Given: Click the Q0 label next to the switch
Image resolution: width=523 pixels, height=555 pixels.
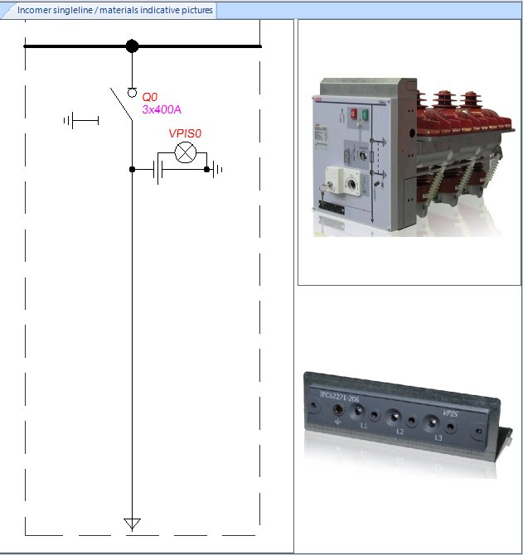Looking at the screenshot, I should [x=149, y=97].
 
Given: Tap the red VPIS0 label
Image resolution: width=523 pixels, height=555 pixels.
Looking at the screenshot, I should [x=186, y=133].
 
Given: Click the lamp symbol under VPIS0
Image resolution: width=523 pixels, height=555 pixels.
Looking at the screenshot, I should [x=184, y=153].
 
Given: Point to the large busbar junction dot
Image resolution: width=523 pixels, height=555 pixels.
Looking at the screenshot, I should [x=132, y=46].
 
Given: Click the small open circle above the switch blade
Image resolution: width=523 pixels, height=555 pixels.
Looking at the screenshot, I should [x=132, y=92].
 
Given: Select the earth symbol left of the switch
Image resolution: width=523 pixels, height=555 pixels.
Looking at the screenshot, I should [x=80, y=121].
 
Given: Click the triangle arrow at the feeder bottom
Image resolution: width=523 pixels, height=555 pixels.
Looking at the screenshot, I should [x=132, y=524].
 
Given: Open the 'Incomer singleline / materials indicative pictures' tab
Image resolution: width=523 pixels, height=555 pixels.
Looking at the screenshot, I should [x=114, y=11].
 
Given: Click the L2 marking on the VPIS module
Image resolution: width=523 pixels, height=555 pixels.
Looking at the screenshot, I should [x=400, y=431].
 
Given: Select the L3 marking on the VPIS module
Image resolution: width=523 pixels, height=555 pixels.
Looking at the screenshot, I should [x=438, y=437].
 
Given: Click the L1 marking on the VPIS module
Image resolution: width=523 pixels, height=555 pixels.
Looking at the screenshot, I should [x=364, y=425].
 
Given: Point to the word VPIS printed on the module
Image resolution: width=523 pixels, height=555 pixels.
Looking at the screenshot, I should [x=450, y=413].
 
